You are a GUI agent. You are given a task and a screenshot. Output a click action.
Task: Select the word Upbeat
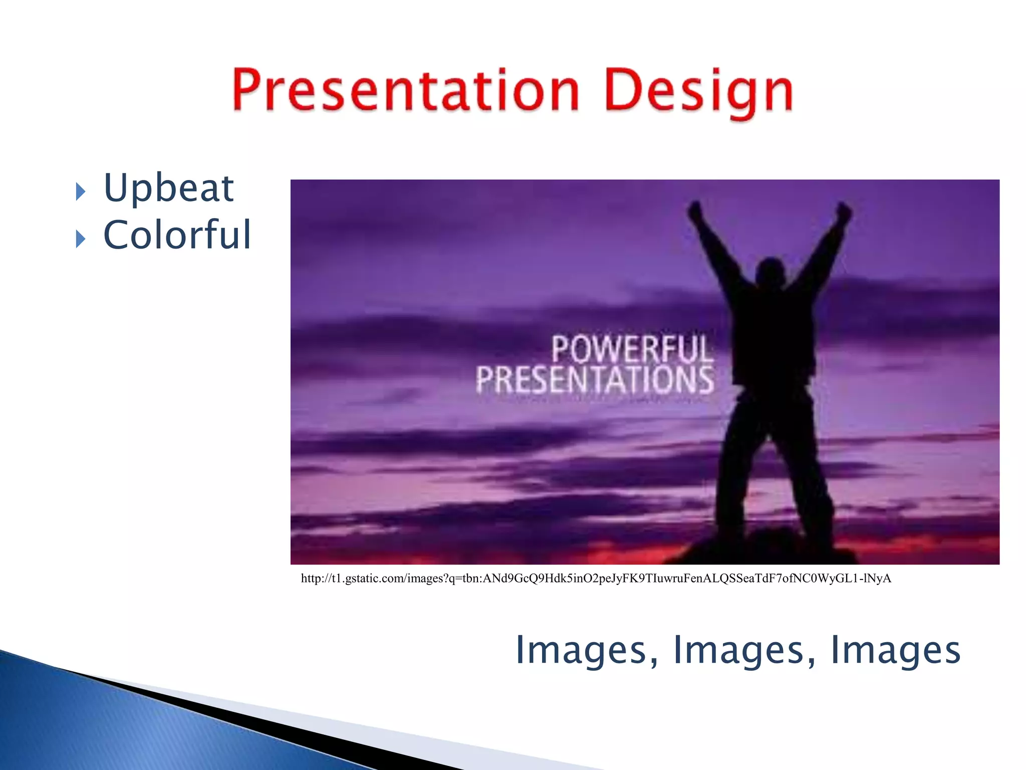(x=168, y=188)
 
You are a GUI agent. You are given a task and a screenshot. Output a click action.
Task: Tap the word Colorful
(x=176, y=235)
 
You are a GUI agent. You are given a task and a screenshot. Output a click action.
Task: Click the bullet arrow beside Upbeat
(x=80, y=191)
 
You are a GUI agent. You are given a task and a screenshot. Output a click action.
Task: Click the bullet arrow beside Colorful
(x=80, y=239)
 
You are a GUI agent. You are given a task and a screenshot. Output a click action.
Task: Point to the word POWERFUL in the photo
(x=632, y=349)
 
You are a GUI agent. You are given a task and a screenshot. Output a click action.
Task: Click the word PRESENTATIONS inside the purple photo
(x=595, y=379)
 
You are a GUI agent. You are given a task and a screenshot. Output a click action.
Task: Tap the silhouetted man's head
(x=771, y=273)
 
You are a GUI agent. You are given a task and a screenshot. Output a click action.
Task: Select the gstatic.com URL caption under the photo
(x=596, y=579)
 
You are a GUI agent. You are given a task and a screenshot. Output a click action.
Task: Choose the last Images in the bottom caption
(x=895, y=650)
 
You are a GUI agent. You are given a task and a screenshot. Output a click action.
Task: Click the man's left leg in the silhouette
(x=736, y=466)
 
